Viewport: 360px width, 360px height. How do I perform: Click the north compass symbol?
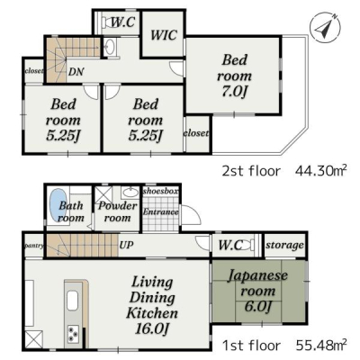[x=325, y=26]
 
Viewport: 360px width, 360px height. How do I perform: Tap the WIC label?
[x=164, y=35]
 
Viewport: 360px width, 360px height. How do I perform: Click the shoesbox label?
[x=160, y=191]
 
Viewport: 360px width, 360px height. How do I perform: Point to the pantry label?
[x=34, y=246]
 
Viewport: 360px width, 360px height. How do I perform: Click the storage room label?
[x=284, y=246]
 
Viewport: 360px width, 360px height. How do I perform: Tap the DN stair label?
[x=76, y=72]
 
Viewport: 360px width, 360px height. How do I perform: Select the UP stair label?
[x=126, y=245]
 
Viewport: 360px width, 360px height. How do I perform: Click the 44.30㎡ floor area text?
[x=321, y=171]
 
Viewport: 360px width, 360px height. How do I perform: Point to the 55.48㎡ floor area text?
[x=321, y=346]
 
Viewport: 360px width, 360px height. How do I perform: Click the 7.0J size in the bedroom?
[x=234, y=92]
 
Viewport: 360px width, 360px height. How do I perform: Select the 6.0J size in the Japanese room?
[x=258, y=306]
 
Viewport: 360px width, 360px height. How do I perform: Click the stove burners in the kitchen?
[x=73, y=334]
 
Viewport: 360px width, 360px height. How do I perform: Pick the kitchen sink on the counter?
[x=73, y=301]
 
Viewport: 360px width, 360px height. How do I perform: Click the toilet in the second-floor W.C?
[x=107, y=22]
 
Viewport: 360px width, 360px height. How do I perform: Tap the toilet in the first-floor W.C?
[x=247, y=245]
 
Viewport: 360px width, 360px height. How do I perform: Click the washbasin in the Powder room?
[x=130, y=192]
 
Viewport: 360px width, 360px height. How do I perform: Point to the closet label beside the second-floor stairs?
[x=34, y=71]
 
